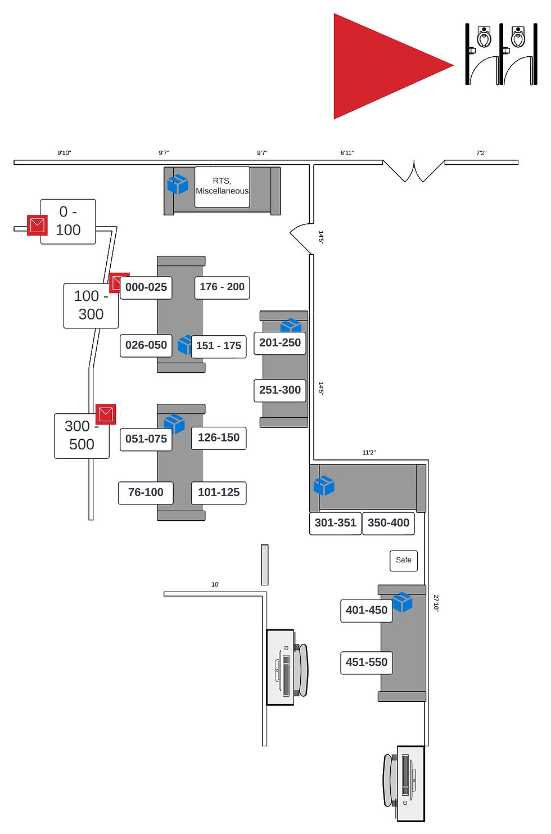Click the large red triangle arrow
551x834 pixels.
pyautogui.click(x=382, y=66)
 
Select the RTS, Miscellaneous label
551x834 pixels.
pyautogui.click(x=222, y=186)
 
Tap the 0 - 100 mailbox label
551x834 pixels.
pyautogui.click(x=68, y=221)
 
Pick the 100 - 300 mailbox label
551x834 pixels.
pyautogui.click(x=91, y=305)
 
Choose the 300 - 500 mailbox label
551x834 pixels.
pyautogui.click(x=82, y=435)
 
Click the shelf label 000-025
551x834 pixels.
pyautogui.click(x=146, y=287)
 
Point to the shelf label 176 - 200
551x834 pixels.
pyautogui.click(x=222, y=287)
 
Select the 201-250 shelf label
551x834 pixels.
pyautogui.click(x=280, y=343)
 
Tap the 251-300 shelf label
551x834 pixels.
pyautogui.click(x=280, y=390)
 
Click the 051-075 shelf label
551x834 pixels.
pyautogui.click(x=146, y=439)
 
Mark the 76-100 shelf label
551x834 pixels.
pyautogui.click(x=146, y=493)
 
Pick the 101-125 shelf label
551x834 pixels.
pyautogui.click(x=219, y=493)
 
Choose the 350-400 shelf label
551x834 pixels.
pyautogui.click(x=389, y=523)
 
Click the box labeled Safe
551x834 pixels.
pyautogui.click(x=404, y=560)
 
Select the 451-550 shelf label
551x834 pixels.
pyautogui.click(x=367, y=662)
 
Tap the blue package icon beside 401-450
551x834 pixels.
pyautogui.click(x=402, y=602)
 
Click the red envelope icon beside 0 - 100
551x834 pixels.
pyautogui.click(x=37, y=226)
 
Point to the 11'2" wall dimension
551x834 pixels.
pyautogui.click(x=369, y=453)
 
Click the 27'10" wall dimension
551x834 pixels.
pyautogui.click(x=436, y=603)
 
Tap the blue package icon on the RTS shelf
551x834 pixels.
pyautogui.click(x=178, y=184)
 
